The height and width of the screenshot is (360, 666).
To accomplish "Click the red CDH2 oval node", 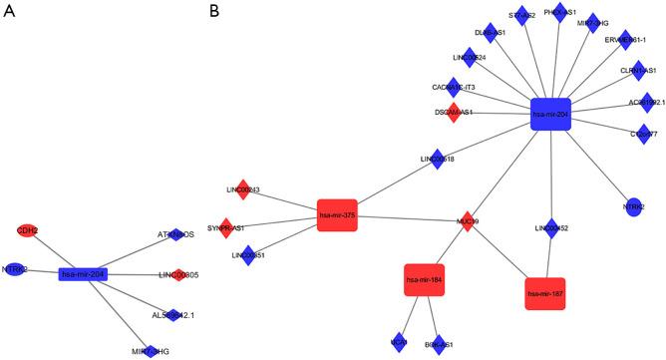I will tap(27, 230).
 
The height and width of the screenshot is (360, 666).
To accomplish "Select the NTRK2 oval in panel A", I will tap(14, 269).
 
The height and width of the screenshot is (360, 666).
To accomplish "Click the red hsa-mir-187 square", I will tap(544, 293).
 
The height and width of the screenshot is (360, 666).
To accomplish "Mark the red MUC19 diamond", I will tap(465, 221).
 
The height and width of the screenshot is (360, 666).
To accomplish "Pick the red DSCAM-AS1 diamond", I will tap(454, 112).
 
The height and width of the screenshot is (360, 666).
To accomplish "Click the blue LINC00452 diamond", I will tap(551, 229).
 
